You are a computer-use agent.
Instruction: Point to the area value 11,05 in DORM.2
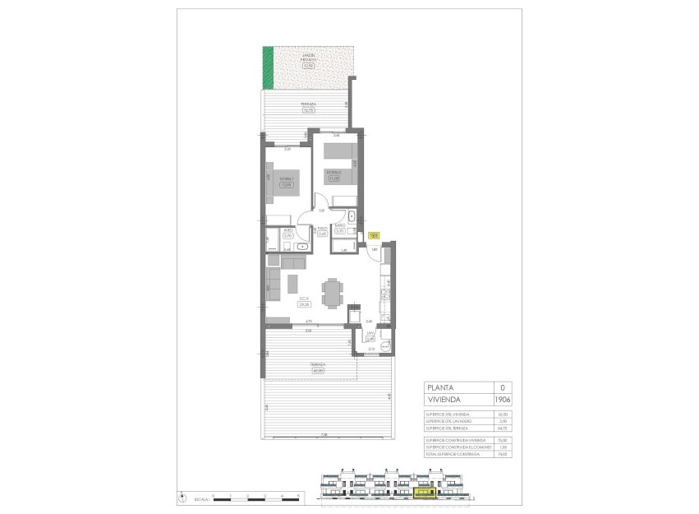click(x=334, y=178)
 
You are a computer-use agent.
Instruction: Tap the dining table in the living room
click(x=332, y=291)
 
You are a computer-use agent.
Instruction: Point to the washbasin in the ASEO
click(x=302, y=245)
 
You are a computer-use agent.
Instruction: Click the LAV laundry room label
click(x=370, y=333)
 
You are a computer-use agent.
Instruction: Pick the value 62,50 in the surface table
click(x=501, y=414)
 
